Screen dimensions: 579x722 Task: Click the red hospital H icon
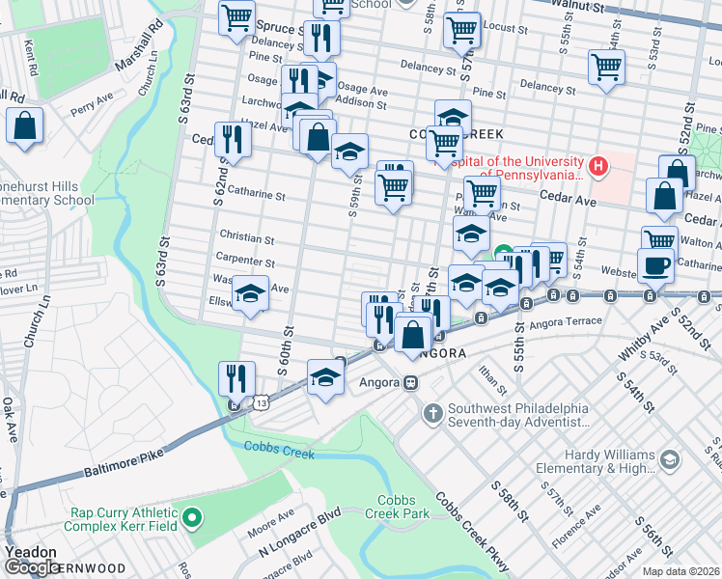[x=598, y=168]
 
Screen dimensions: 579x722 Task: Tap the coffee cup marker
[x=655, y=264]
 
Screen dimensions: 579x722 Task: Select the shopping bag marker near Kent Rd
[x=24, y=126]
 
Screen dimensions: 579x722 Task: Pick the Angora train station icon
[x=410, y=383]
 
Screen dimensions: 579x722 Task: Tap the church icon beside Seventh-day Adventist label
[x=433, y=413]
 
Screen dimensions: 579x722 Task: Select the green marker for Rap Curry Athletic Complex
[x=192, y=519]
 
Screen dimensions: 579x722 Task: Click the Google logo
[x=31, y=567]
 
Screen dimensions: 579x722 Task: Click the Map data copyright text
[x=680, y=571]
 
